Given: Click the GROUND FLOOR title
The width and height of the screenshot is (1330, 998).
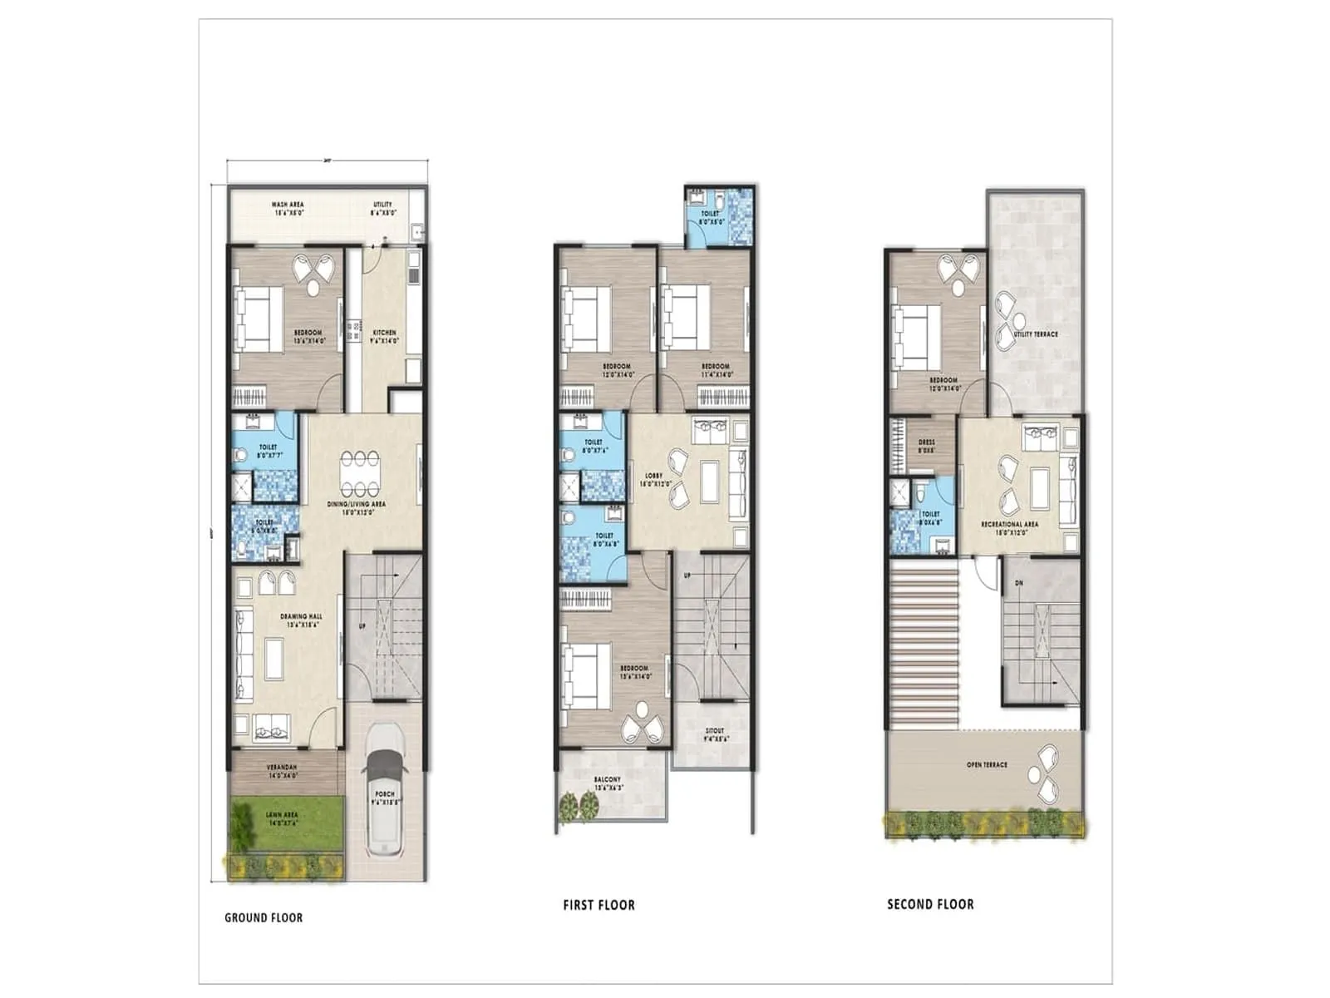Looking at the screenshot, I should click(x=264, y=918).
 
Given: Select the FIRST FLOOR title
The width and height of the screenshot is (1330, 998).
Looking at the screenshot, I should click(x=598, y=905).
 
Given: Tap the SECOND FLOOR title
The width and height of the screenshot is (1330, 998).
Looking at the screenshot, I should click(x=930, y=904).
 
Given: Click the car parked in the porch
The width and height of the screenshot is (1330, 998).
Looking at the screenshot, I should click(x=384, y=790).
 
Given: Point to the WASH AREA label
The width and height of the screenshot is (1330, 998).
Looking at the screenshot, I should click(x=288, y=205).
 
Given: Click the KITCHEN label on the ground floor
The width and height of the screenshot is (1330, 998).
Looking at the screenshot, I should click(x=384, y=333).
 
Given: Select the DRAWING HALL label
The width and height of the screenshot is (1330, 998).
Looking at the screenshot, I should click(x=301, y=617).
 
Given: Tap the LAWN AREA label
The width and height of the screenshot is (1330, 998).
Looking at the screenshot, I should click(x=282, y=815).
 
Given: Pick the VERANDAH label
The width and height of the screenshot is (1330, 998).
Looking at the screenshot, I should click(x=283, y=767).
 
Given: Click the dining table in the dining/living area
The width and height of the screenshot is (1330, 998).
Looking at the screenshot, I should click(x=360, y=473).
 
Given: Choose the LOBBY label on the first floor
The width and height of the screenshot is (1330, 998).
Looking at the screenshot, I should click(x=653, y=477).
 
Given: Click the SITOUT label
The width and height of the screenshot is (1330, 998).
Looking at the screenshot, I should click(x=714, y=731).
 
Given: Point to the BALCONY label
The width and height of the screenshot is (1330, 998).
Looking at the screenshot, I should click(x=607, y=780).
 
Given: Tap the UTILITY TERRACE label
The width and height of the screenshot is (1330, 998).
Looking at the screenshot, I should click(x=1036, y=334).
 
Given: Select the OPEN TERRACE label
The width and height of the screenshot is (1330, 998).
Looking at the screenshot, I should click(x=987, y=764).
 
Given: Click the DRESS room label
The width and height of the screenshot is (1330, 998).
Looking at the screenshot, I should click(x=926, y=442).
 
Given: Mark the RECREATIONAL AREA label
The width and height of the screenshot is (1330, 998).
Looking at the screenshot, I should click(x=1009, y=524).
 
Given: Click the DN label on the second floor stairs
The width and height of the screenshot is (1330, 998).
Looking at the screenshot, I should click(x=1019, y=583).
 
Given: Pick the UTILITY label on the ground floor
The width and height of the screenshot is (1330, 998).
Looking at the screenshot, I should click(x=383, y=205).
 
